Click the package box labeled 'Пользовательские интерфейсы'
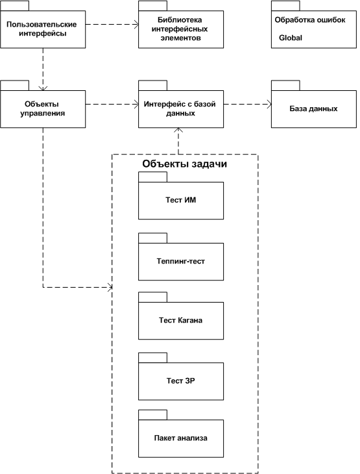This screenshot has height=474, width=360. tap(43, 29)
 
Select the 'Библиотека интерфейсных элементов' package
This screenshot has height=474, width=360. tap(181, 29)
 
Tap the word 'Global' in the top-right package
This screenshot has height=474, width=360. tap(290, 38)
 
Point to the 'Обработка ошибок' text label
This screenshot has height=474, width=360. tap(310, 20)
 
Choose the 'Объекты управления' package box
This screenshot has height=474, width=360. tap(43, 109)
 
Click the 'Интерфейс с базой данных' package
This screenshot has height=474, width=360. tap(181, 109)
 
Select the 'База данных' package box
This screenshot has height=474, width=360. tap(314, 109)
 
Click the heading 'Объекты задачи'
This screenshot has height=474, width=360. tap(184, 164)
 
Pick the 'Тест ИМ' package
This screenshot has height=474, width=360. tap(181, 200)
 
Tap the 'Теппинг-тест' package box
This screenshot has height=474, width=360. tap(181, 261)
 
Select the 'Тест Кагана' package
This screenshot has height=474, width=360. tap(181, 320)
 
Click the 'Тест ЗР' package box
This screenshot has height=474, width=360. tap(181, 381)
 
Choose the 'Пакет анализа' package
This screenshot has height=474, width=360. tap(181, 438)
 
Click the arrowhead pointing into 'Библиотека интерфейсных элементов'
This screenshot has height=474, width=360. tap(136, 25)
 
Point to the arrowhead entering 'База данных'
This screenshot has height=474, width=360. tap(269, 105)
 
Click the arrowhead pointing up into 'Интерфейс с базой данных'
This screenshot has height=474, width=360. tap(178, 130)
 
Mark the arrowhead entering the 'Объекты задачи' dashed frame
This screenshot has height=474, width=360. tap(110, 287)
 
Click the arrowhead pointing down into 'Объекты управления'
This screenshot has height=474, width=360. tap(43, 88)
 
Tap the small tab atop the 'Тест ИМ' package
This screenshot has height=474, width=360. tap(153, 177)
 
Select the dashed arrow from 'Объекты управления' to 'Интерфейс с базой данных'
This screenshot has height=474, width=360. tap(112, 105)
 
